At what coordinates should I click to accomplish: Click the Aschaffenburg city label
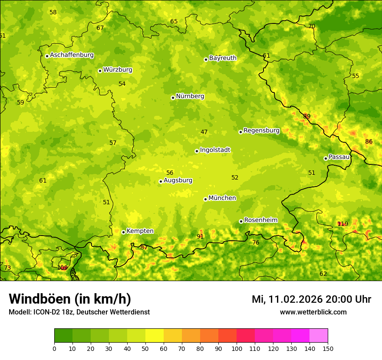(72, 55)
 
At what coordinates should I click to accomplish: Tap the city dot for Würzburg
(100, 71)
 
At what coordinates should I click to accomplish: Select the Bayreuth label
(223, 58)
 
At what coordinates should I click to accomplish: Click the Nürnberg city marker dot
(173, 98)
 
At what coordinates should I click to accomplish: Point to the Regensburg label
(261, 130)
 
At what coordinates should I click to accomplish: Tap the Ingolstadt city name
(215, 150)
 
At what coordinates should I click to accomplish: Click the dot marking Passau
(326, 158)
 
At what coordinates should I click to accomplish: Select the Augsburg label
(178, 180)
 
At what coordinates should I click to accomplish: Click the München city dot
(205, 199)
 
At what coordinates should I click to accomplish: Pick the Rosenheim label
(260, 220)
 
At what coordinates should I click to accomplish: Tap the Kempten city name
(140, 231)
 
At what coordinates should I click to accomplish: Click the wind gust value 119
(342, 224)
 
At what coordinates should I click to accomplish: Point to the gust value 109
(63, 268)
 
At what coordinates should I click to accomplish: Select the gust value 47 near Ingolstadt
(204, 132)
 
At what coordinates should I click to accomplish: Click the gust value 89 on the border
(307, 116)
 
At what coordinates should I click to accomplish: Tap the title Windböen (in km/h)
(70, 299)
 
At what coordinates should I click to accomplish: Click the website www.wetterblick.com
(313, 312)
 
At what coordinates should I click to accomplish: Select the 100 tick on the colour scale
(237, 348)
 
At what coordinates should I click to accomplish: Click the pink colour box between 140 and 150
(319, 335)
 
